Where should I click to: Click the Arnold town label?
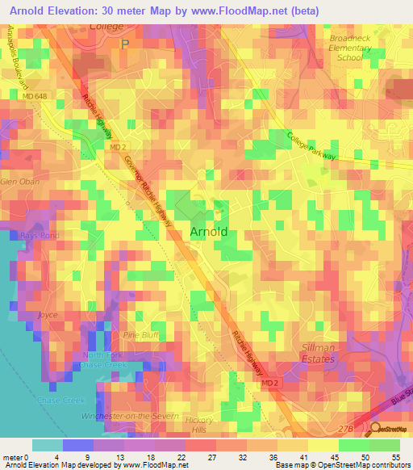click(x=209, y=233)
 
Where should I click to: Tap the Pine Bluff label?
click(x=142, y=334)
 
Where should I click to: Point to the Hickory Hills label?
click(x=198, y=426)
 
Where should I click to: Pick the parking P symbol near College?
click(x=123, y=44)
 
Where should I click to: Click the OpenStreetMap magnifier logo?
click(x=373, y=430)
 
